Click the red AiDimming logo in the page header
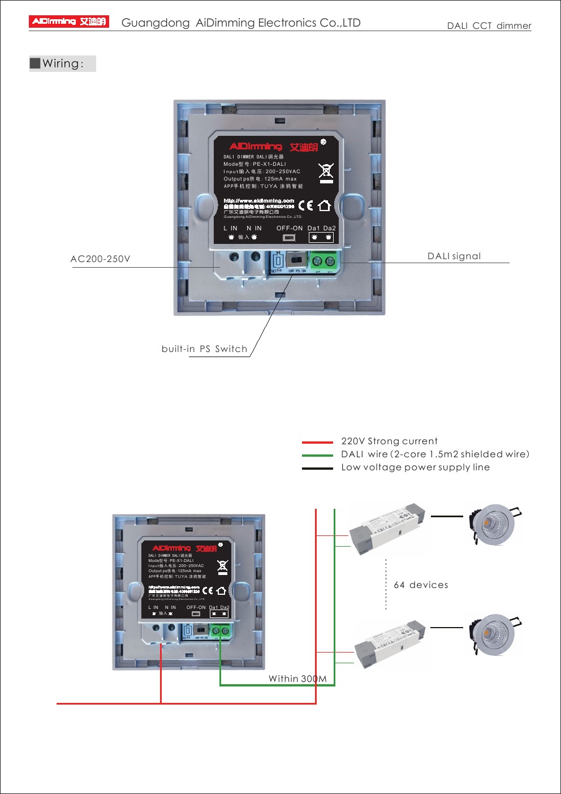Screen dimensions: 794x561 click(68, 22)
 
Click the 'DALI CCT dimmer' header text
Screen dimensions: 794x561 click(489, 25)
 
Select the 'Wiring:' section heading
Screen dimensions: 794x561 click(63, 63)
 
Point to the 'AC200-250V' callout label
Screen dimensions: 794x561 click(100, 259)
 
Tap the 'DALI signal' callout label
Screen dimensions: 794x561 click(454, 256)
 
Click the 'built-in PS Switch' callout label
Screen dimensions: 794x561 click(204, 349)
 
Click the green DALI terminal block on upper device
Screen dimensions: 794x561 click(323, 261)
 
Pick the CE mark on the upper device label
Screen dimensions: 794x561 click(305, 205)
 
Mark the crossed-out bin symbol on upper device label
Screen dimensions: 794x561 click(326, 172)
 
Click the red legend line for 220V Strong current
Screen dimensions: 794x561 click(317, 442)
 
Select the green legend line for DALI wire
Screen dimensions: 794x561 click(317, 455)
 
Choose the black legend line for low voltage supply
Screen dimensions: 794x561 click(317, 468)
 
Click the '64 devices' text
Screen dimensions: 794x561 click(421, 585)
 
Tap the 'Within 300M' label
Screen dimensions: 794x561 click(297, 679)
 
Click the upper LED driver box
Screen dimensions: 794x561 click(387, 527)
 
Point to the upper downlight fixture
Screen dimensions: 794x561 click(494, 525)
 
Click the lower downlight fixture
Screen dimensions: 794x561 click(494, 634)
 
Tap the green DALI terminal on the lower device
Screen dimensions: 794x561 click(221, 631)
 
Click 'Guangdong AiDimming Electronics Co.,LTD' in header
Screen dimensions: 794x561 click(241, 23)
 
